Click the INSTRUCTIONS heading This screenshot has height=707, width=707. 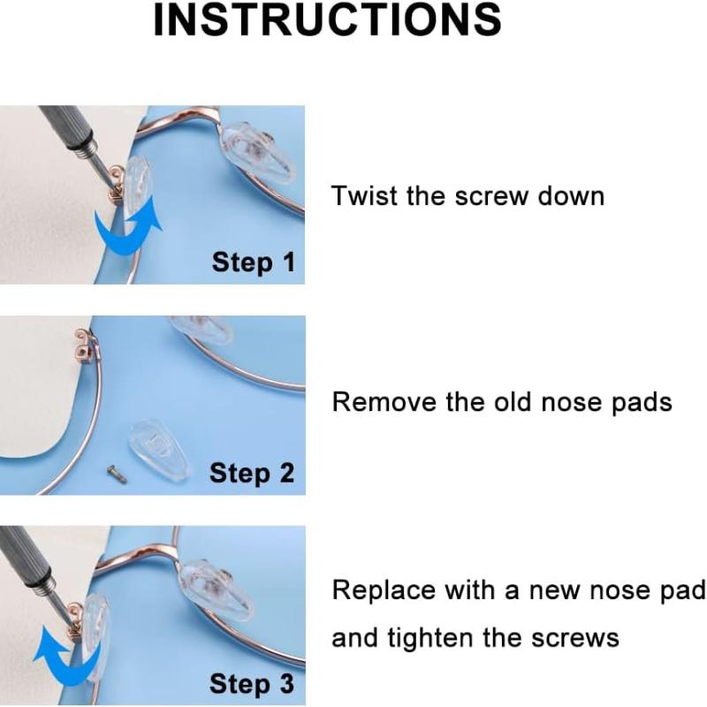click(x=327, y=19)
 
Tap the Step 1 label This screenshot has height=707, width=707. click(x=254, y=262)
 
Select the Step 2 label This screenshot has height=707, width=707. click(x=252, y=473)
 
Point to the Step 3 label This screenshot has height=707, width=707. click(x=252, y=683)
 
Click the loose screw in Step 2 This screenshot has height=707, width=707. click(x=117, y=475)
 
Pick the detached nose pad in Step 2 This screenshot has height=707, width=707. click(x=158, y=449)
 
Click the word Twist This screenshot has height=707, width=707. click(x=365, y=196)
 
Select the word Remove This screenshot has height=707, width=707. click(x=384, y=401)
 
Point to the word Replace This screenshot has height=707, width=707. click(x=384, y=589)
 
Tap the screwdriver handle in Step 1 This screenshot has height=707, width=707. click(x=69, y=132)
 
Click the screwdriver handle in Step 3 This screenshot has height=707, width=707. click(x=27, y=559)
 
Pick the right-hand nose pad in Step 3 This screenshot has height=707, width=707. click(x=217, y=589)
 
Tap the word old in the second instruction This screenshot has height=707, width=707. click(x=512, y=401)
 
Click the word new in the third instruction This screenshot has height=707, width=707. click(x=554, y=591)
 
